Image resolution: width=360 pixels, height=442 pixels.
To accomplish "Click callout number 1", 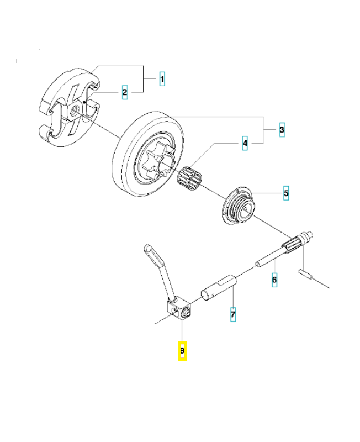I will [162, 80].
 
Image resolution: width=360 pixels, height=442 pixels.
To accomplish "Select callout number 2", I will [125, 92].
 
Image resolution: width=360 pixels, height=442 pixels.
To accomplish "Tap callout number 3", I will [282, 130].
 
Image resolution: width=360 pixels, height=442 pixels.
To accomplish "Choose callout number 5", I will [285, 194].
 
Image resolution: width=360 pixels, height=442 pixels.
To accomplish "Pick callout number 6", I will [274, 280].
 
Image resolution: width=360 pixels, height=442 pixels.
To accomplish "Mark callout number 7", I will [233, 315].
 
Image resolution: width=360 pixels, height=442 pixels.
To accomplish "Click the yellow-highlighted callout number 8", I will [182, 351].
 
